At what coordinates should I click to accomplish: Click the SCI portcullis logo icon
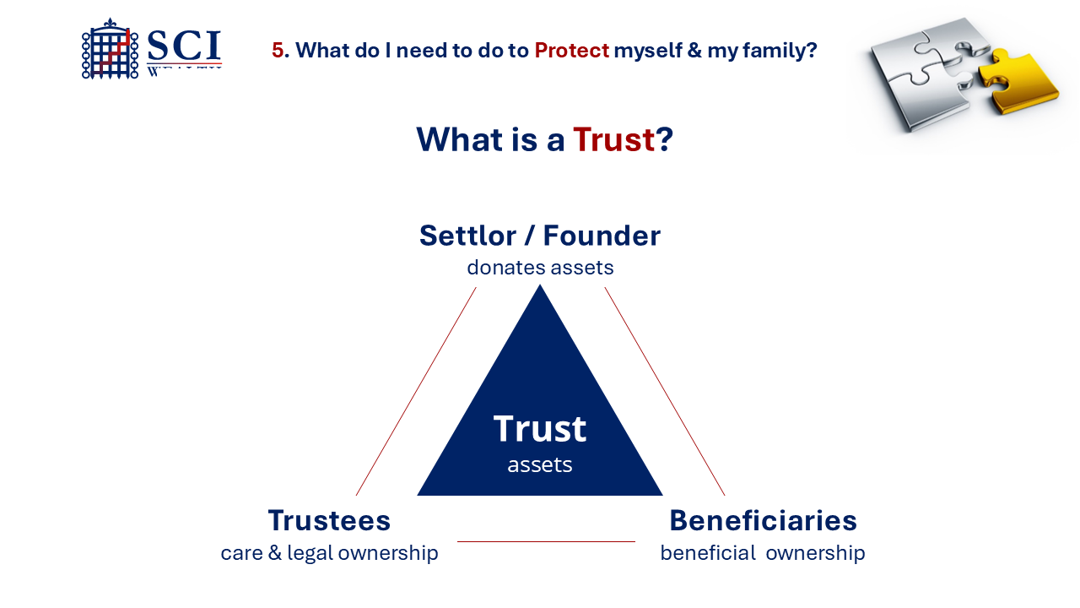pos(111,50)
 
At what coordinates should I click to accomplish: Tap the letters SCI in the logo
pos(183,46)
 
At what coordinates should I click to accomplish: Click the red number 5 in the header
pos(278,51)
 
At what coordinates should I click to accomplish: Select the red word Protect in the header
pos(571,51)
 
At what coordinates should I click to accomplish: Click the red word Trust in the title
pos(613,139)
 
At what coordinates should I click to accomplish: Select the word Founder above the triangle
pos(602,236)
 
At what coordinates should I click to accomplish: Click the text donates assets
pos(540,268)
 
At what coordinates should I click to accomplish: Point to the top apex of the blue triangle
pos(540,288)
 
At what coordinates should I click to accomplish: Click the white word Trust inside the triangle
pos(540,429)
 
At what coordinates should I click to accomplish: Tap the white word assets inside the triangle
pos(540,465)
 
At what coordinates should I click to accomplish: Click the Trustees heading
pos(329,520)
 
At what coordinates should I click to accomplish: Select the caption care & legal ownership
pos(329,553)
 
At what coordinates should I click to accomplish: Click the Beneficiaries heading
pos(763,520)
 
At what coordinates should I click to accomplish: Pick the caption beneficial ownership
pos(763,553)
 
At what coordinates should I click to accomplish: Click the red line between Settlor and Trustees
pos(416,391)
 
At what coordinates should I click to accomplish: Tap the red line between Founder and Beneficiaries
pos(665,391)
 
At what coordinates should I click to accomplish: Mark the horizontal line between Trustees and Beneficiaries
pos(546,541)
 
